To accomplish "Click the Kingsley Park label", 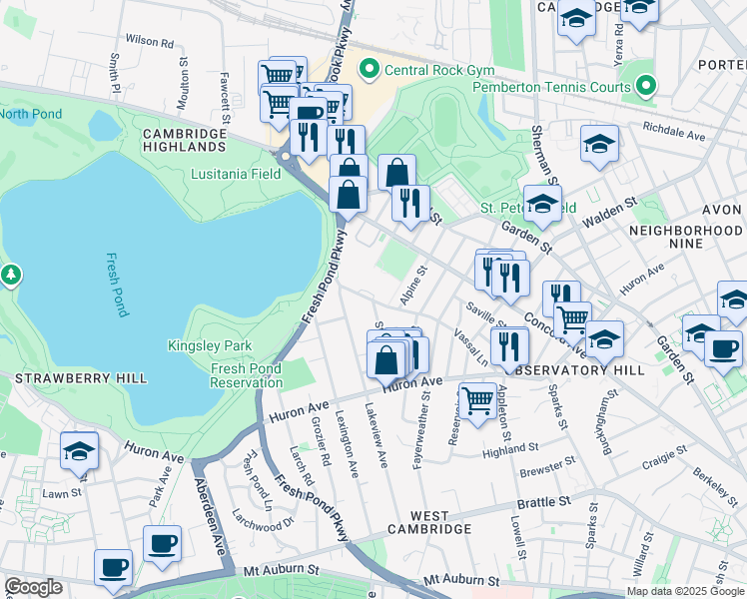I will point(210,345).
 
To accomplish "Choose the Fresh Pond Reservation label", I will point(246,376).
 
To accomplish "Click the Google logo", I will point(33,587).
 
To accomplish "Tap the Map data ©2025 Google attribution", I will point(685,591).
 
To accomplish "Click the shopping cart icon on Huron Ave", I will point(478,401).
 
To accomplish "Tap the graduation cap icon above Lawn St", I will point(80,450).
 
